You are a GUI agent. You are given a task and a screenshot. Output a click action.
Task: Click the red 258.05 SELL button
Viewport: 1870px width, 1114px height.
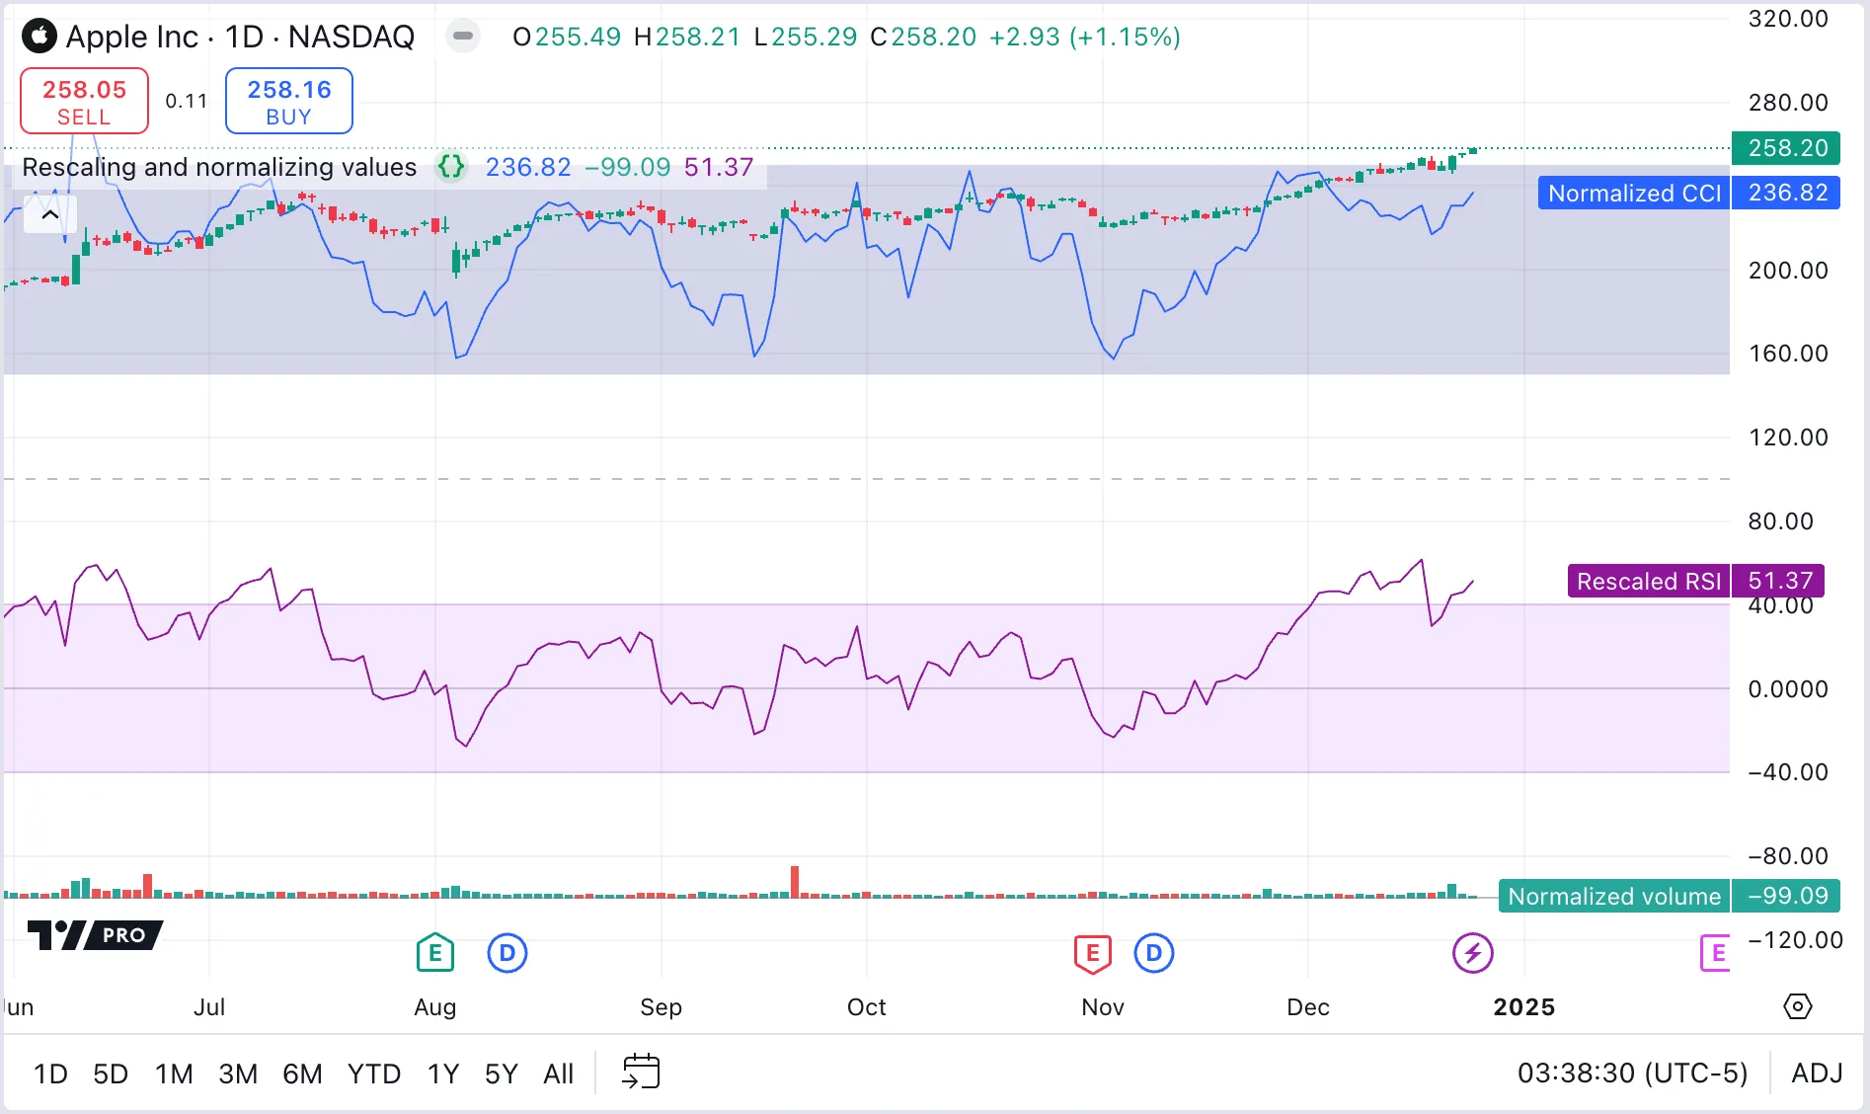point(84,101)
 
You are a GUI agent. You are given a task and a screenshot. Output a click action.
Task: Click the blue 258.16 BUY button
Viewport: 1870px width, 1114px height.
point(288,101)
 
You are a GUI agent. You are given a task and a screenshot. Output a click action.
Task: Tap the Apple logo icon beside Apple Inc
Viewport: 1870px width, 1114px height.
point(39,37)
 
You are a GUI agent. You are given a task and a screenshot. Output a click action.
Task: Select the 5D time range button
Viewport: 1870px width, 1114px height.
point(111,1074)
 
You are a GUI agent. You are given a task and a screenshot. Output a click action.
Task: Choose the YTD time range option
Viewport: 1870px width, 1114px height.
point(373,1074)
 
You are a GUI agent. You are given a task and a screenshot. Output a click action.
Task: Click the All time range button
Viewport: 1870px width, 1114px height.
point(558,1074)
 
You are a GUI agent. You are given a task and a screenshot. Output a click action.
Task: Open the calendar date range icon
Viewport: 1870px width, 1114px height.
point(641,1072)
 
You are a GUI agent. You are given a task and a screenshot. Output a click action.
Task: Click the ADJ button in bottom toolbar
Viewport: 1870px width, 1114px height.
point(1817,1074)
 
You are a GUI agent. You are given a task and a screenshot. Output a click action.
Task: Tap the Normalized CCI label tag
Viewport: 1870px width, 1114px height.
point(1633,193)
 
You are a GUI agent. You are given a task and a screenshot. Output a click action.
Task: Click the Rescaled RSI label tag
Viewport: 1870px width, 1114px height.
point(1648,581)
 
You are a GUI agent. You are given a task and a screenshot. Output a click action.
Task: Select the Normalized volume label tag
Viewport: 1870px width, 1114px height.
point(1613,896)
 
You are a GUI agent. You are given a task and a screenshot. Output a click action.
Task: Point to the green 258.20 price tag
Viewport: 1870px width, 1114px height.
point(1787,148)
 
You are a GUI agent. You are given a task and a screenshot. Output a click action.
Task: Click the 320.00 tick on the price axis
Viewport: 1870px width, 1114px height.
point(1787,19)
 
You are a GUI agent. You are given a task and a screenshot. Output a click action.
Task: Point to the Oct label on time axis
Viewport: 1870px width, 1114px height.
point(866,1007)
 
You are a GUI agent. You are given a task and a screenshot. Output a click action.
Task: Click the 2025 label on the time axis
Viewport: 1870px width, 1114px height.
point(1523,1007)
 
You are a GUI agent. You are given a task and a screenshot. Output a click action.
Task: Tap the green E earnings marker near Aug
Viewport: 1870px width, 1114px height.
point(434,953)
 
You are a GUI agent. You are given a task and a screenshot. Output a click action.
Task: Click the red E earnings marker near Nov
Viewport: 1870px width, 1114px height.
point(1092,953)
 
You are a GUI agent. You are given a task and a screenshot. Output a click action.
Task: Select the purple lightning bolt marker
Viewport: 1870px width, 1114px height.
point(1472,953)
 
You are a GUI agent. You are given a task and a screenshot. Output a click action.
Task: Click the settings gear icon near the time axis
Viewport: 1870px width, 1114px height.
point(1798,1006)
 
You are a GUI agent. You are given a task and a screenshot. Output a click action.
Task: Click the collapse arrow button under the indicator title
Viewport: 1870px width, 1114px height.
point(50,214)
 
